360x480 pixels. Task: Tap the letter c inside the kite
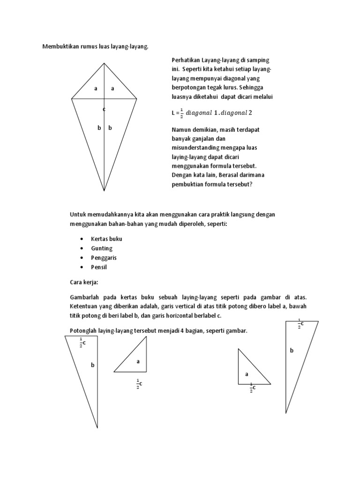coord(104,109)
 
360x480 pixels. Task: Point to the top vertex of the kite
coord(104,64)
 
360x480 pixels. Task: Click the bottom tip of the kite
coord(104,191)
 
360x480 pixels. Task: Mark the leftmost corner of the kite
coord(72,99)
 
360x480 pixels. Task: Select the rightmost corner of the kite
coord(137,99)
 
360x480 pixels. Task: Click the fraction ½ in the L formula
coord(182,112)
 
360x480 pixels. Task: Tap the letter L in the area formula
coord(173,113)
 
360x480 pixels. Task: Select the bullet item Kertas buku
coord(106,239)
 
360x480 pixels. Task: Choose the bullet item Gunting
coord(102,248)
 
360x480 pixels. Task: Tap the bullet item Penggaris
coord(104,258)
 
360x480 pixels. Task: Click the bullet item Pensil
coord(99,267)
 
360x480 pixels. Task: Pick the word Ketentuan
coord(84,307)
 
